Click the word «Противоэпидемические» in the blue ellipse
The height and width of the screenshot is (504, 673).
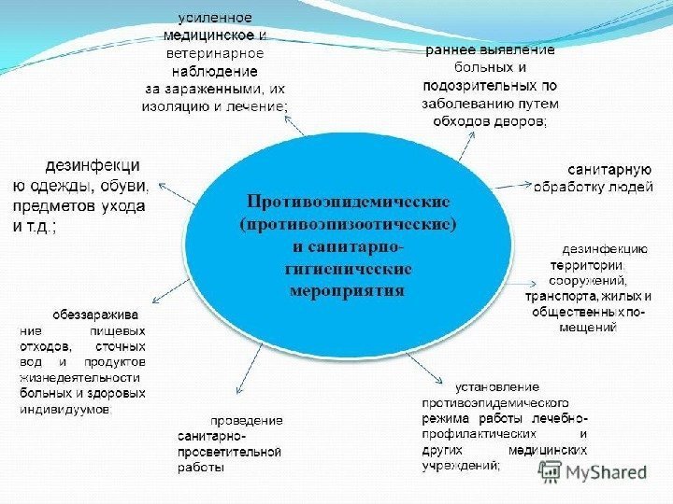click(x=348, y=202)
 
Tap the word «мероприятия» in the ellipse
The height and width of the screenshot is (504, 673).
click(x=348, y=289)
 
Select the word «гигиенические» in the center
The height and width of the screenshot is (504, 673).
click(x=348, y=268)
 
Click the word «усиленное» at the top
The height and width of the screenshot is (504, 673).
click(x=216, y=18)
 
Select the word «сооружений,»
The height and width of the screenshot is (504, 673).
click(x=590, y=280)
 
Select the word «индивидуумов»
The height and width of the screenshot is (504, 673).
click(x=64, y=409)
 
